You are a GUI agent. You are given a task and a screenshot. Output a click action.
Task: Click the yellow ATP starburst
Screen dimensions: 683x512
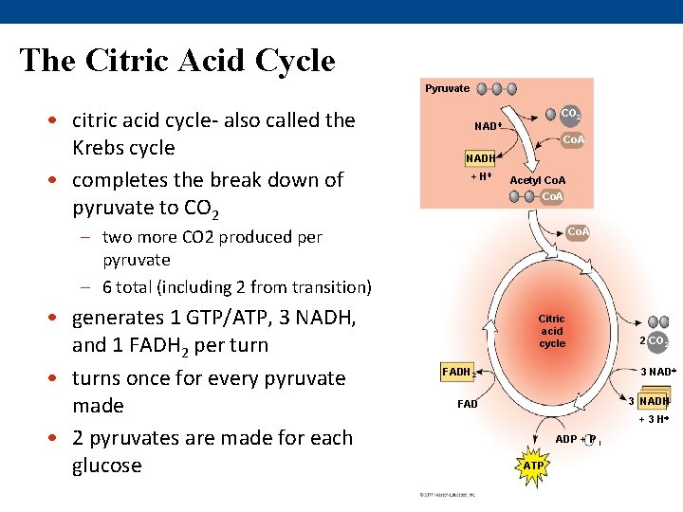[x=534, y=466]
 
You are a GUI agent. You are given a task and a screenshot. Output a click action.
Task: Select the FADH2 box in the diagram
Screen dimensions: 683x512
[x=458, y=372]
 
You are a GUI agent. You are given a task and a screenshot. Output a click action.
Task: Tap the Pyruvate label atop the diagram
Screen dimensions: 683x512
[x=447, y=88]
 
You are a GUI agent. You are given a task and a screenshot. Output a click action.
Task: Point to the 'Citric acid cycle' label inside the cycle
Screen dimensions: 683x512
[x=551, y=331]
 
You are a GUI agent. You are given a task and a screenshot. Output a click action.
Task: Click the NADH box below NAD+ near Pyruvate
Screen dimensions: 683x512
[x=478, y=157]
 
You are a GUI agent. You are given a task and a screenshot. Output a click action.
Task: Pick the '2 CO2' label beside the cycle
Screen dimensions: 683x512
[x=654, y=341]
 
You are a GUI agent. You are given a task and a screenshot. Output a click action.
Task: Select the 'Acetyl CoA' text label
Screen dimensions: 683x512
[x=538, y=180]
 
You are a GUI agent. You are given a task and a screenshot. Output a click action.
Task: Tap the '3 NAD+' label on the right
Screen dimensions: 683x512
[x=657, y=371]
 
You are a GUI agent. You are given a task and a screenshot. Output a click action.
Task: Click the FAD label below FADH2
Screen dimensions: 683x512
[x=468, y=404]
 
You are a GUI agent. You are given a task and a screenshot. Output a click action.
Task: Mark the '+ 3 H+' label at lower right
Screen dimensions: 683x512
[x=654, y=419]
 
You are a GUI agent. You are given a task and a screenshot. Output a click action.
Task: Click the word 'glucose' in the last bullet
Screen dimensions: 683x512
[x=106, y=466]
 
